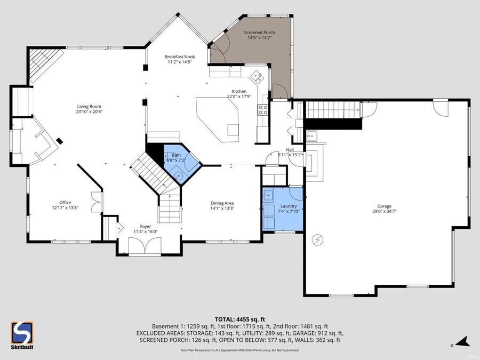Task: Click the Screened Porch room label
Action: (x=260, y=33)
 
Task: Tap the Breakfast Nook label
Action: (x=179, y=57)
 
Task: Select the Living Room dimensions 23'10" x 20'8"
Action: (x=89, y=111)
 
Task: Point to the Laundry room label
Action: (x=281, y=206)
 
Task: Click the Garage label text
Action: (x=384, y=206)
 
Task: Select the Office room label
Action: (x=65, y=202)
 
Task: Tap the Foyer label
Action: (x=146, y=226)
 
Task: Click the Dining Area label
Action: (x=222, y=203)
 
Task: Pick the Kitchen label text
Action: (x=238, y=91)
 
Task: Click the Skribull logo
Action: (x=22, y=335)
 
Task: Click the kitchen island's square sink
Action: (x=233, y=130)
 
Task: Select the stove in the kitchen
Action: (x=263, y=110)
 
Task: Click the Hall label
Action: (x=290, y=150)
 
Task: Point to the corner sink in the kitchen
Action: (x=258, y=76)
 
